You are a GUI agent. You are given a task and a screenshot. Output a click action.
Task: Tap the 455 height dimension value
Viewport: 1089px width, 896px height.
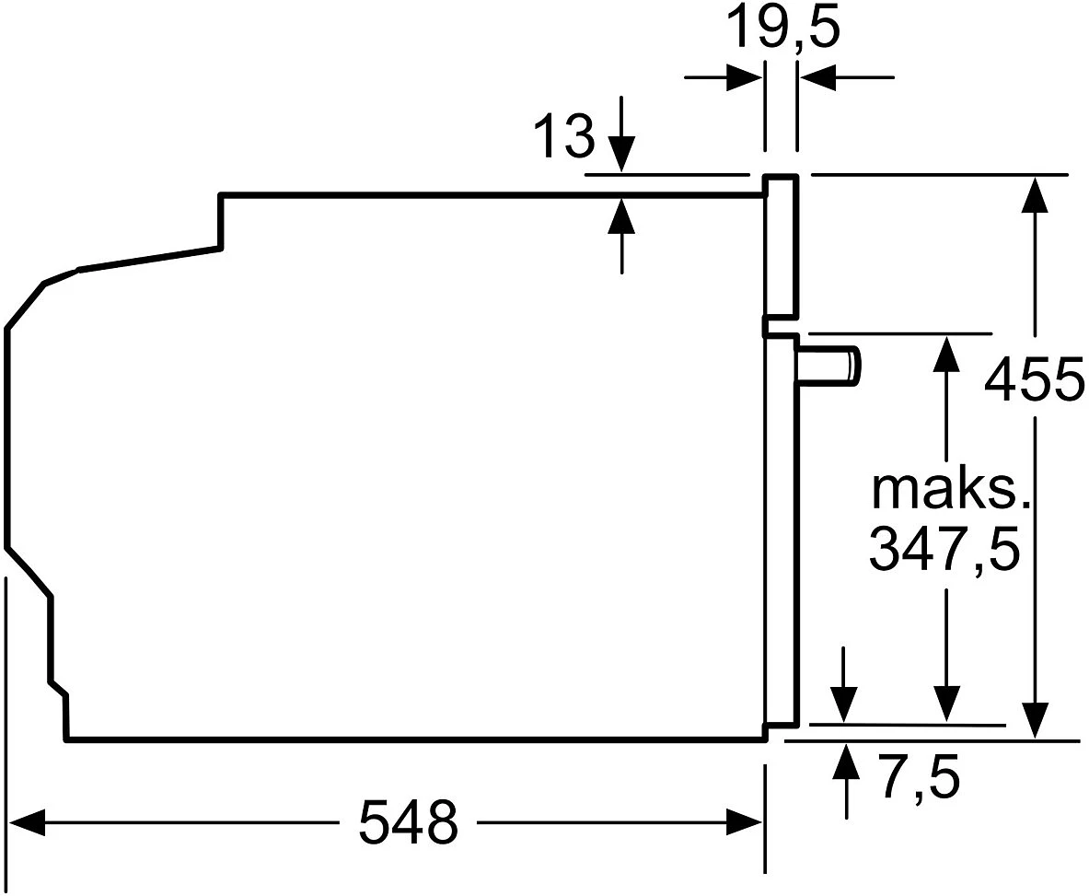click(x=1034, y=378)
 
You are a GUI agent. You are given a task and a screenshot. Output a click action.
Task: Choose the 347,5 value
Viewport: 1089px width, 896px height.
click(x=944, y=548)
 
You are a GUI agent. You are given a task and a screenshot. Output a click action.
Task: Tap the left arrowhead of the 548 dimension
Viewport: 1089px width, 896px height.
click(x=28, y=822)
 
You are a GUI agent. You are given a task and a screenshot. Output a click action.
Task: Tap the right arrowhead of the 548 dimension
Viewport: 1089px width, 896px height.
click(x=745, y=822)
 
